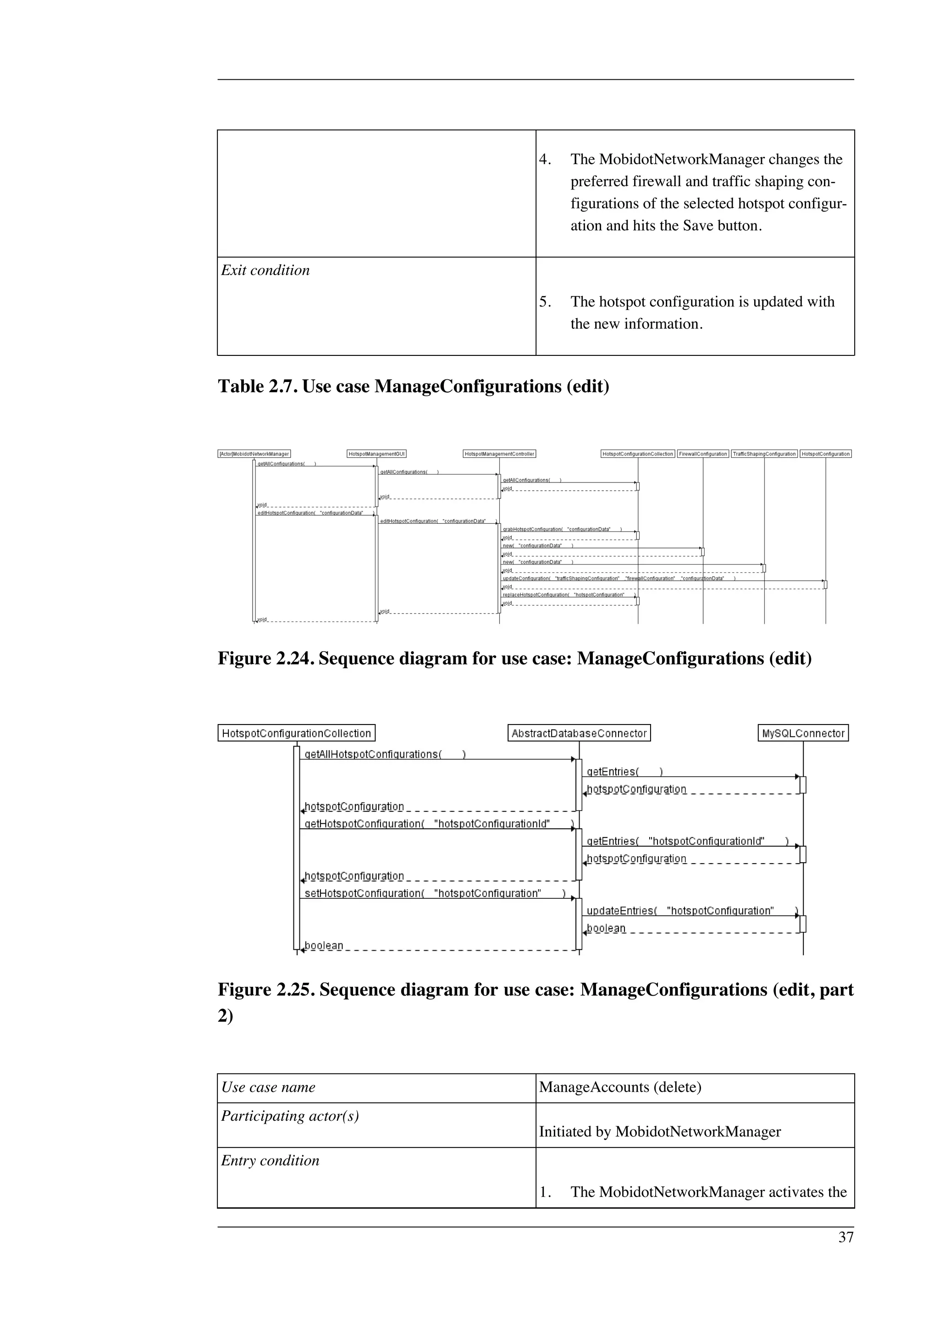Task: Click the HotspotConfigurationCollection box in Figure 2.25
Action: (x=296, y=733)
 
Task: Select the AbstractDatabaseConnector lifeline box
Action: (x=579, y=733)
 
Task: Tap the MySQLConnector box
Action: (x=803, y=733)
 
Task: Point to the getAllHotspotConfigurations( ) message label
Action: (x=385, y=754)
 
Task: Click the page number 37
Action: (x=846, y=1238)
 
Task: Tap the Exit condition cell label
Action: (x=265, y=270)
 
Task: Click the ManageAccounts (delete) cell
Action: (x=620, y=1087)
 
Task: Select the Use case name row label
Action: (x=269, y=1087)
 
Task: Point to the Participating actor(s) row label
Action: (x=290, y=1116)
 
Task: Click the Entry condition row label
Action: (x=270, y=1161)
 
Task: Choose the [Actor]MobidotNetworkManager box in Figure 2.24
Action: (x=254, y=454)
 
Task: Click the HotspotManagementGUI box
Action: (x=376, y=454)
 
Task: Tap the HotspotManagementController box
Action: (x=499, y=454)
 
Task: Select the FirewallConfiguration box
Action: (x=703, y=454)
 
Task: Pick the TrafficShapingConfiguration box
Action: (x=764, y=454)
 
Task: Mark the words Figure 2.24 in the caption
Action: (x=265, y=659)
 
